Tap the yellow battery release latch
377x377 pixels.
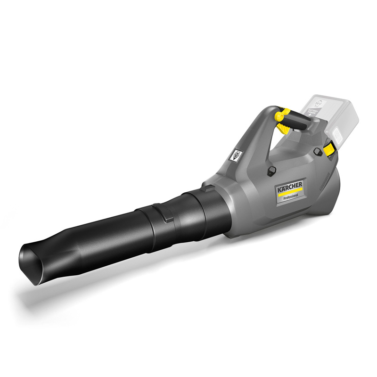[x=330, y=148]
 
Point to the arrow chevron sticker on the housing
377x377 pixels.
[x=236, y=156]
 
